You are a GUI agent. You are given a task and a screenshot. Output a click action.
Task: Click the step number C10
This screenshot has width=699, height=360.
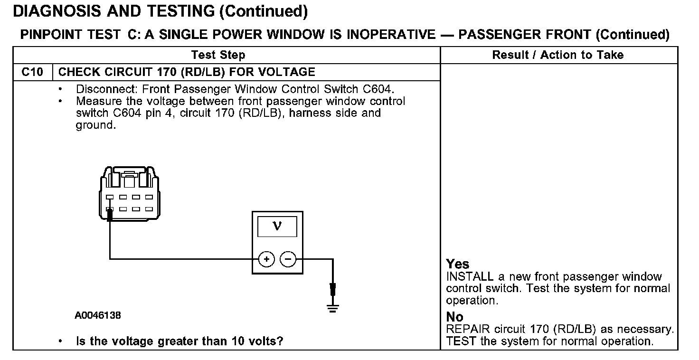32,72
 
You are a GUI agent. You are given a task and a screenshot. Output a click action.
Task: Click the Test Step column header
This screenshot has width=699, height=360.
218,55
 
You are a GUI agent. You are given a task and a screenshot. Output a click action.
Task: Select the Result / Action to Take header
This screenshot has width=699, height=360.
558,55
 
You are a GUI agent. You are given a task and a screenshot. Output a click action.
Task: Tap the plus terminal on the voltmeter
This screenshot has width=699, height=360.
266,259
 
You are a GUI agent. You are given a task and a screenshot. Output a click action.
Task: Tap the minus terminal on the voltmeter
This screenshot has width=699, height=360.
288,259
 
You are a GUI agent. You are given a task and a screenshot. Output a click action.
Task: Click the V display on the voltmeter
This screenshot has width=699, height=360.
277,227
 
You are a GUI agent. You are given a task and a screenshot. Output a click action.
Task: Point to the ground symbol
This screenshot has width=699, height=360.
333,308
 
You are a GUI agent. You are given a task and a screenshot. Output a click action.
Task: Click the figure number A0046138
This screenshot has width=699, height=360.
97,315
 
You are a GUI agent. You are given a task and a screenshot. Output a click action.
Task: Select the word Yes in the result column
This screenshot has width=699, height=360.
457,264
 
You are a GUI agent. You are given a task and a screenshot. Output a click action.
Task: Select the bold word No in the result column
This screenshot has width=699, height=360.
454,317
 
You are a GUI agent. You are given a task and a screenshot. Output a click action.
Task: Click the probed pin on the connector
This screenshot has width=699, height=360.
110,209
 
